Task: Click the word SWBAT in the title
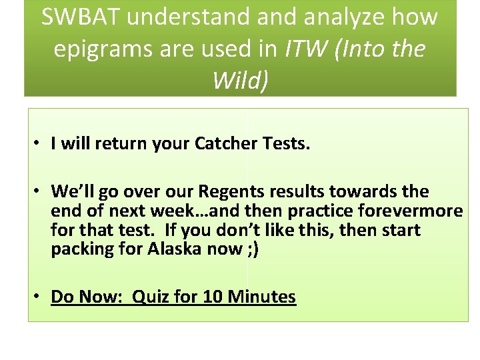pos(80,17)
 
